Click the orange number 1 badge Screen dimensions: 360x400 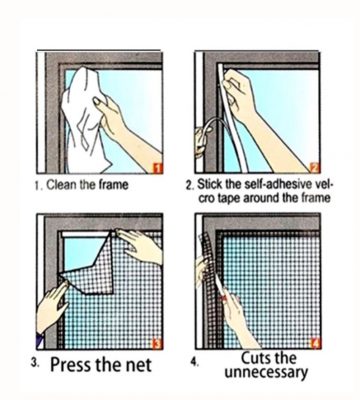[158, 168]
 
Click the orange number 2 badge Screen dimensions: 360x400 [315, 168]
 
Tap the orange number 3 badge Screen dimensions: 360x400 [158, 344]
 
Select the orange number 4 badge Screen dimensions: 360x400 [315, 343]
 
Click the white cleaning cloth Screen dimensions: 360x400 [84, 120]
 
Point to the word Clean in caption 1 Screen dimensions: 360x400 [62, 184]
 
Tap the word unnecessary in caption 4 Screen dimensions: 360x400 [266, 373]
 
